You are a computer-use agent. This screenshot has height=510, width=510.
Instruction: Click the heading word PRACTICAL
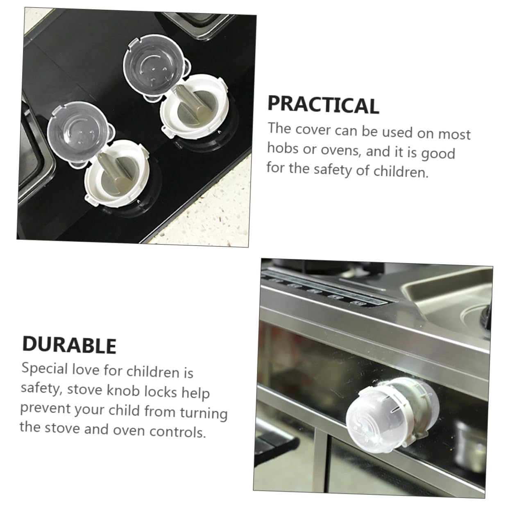323,105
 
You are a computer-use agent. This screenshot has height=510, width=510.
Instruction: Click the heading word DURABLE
69,345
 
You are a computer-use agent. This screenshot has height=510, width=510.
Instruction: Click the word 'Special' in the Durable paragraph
44,369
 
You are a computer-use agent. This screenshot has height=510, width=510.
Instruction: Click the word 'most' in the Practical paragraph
454,134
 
